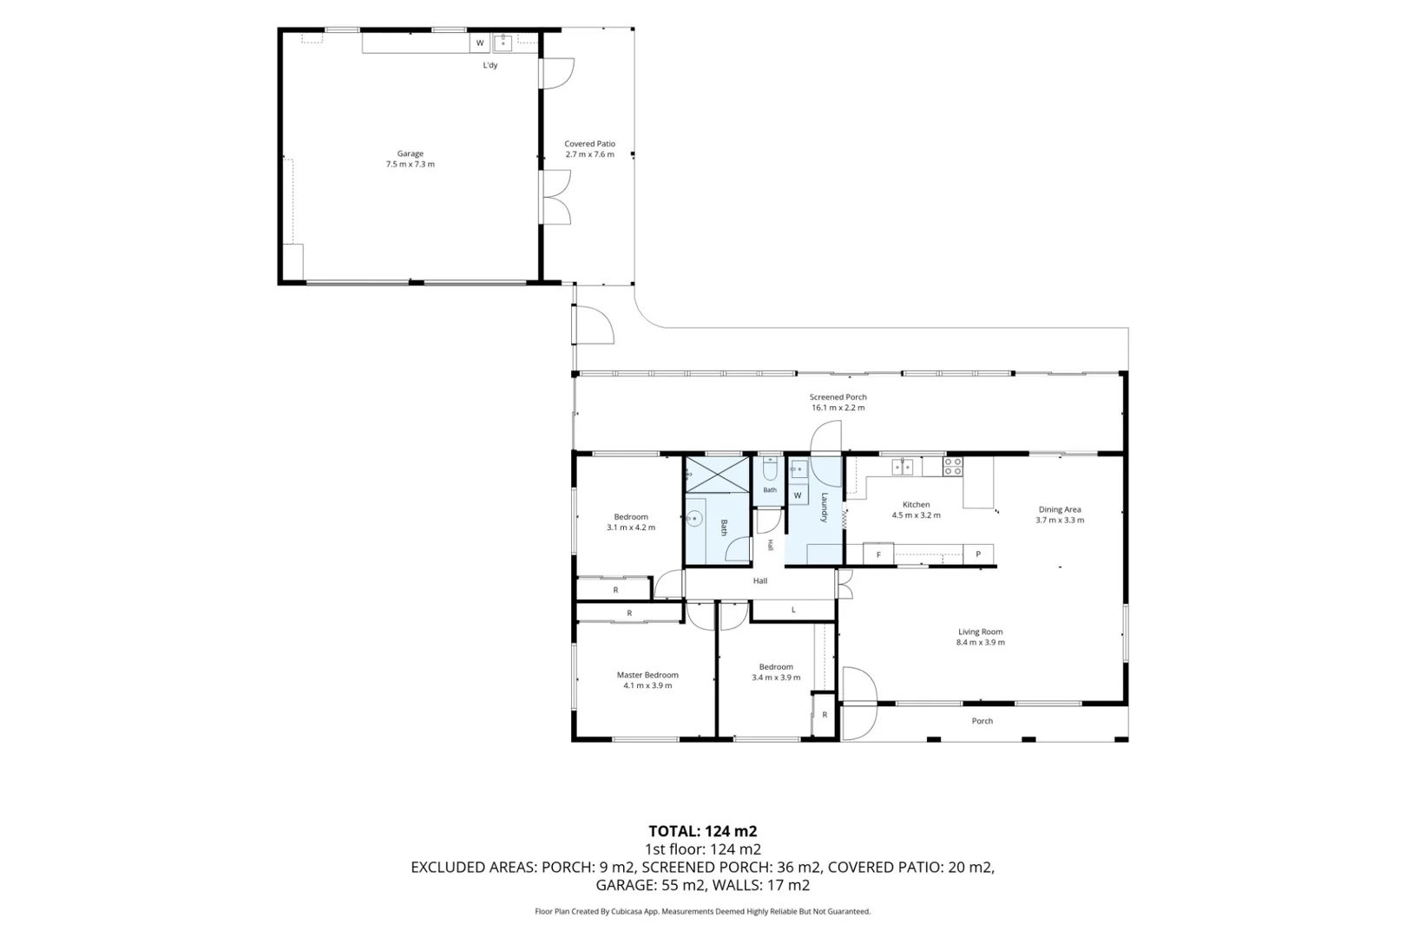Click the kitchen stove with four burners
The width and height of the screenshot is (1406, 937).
[x=952, y=466]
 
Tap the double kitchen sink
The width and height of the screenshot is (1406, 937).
[x=902, y=467]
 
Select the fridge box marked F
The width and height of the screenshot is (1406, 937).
[x=878, y=554]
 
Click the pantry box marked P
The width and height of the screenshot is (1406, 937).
[x=978, y=554]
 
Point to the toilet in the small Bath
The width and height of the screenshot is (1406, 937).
[x=770, y=468]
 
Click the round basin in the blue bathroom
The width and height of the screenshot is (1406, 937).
[x=694, y=519]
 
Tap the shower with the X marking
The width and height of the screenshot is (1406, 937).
[x=717, y=475]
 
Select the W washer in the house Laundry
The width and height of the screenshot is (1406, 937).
[x=798, y=495]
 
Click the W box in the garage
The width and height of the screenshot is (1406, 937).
[x=480, y=43]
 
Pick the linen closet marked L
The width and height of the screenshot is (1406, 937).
[x=792, y=609]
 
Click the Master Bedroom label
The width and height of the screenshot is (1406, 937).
[x=647, y=675]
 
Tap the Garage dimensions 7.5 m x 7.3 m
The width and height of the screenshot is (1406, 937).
[x=410, y=165]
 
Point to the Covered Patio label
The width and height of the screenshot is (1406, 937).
[x=589, y=144]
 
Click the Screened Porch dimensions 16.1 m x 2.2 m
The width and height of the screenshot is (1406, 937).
[x=838, y=408]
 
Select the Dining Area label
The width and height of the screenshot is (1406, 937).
[x=1060, y=509]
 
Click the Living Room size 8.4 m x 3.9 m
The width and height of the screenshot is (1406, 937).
[x=981, y=643]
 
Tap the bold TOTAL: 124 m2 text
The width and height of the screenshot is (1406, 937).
[x=703, y=831]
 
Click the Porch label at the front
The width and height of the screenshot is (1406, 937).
[x=982, y=721]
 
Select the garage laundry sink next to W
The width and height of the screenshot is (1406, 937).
[x=503, y=43]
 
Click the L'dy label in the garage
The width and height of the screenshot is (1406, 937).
[x=490, y=65]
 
